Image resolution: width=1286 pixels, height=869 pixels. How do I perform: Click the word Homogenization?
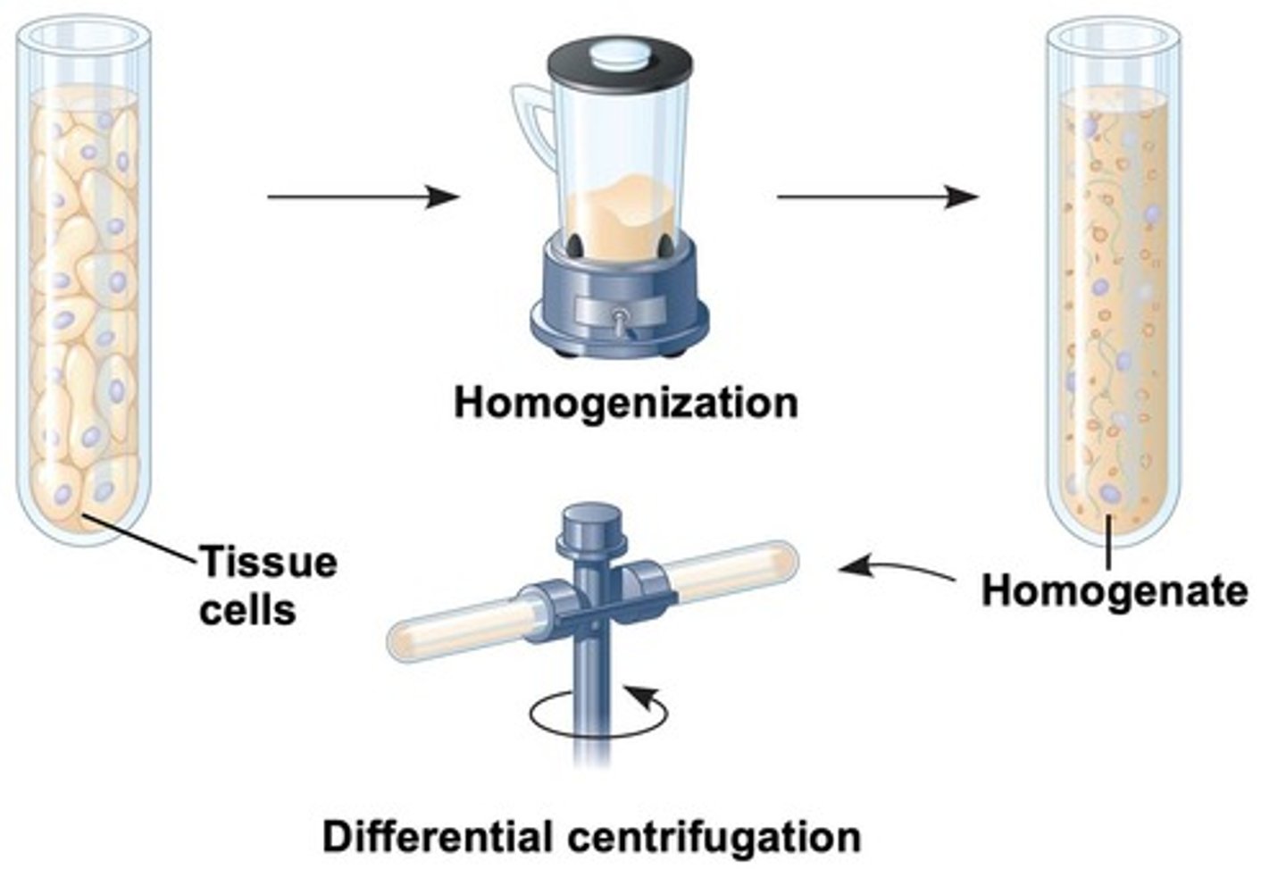625,403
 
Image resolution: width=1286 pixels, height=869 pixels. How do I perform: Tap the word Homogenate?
1115,591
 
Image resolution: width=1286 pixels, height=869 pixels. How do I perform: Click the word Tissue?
268,563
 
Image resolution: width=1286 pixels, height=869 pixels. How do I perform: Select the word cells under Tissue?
247,611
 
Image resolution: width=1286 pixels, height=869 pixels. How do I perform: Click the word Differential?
437,838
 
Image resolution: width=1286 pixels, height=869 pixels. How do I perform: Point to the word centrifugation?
714,838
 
